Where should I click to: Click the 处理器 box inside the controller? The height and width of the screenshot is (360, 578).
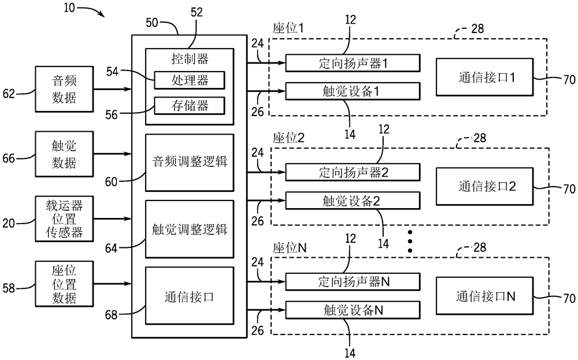pos(189,80)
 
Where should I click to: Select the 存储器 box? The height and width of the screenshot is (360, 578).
pos(189,105)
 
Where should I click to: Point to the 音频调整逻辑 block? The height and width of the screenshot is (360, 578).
pos(190,162)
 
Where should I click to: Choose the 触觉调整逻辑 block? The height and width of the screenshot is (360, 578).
pos(190,229)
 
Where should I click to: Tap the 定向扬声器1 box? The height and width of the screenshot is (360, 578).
pos(353,62)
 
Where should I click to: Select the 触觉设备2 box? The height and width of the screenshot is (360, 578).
pos(353,200)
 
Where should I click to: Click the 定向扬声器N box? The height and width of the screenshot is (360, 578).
pos(353,281)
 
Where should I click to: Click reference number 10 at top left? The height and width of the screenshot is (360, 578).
pos(68,8)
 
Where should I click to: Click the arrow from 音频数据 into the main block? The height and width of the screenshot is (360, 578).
pos(110,89)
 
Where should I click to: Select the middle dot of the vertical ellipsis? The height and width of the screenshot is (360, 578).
pos(411,241)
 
